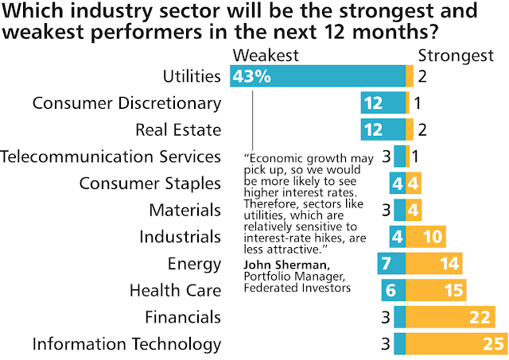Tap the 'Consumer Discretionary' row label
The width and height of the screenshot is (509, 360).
coord(126,103)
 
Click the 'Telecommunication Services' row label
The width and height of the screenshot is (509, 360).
coord(111,157)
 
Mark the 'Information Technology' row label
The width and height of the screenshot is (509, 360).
coord(126,344)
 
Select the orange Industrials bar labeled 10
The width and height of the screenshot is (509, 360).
coord(426,237)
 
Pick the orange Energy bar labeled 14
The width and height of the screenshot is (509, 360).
coord(434,264)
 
